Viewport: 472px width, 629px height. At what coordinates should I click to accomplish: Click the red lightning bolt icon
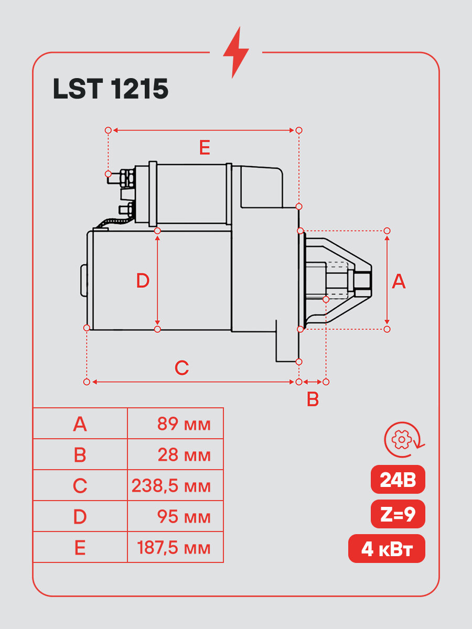(235, 52)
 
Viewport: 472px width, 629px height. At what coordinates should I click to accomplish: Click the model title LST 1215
(111, 89)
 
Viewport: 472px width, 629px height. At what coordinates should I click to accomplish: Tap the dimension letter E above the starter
(205, 148)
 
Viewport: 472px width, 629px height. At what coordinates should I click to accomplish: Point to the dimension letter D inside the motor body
(143, 280)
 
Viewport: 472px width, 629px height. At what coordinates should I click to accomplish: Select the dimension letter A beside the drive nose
(399, 281)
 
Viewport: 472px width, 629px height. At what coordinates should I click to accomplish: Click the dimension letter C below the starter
(181, 367)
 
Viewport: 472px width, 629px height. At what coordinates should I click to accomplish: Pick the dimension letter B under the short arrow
(313, 399)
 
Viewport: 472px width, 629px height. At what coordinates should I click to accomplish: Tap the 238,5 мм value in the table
(171, 486)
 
